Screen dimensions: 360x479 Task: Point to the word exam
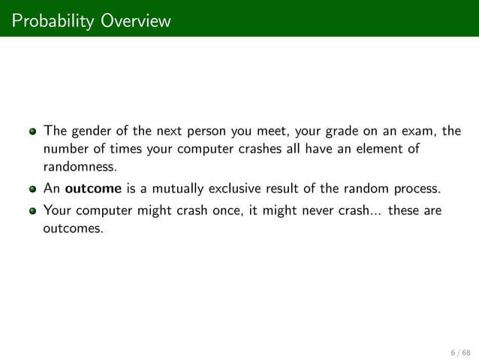(419, 131)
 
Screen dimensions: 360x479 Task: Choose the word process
(419, 188)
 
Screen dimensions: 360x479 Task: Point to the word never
(303, 212)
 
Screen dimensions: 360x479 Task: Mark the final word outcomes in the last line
(74, 228)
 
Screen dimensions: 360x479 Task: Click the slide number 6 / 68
(459, 351)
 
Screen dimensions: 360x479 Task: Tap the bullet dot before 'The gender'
(33, 131)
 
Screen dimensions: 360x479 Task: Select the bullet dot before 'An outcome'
(33, 188)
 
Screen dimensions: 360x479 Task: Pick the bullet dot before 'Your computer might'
(33, 212)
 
